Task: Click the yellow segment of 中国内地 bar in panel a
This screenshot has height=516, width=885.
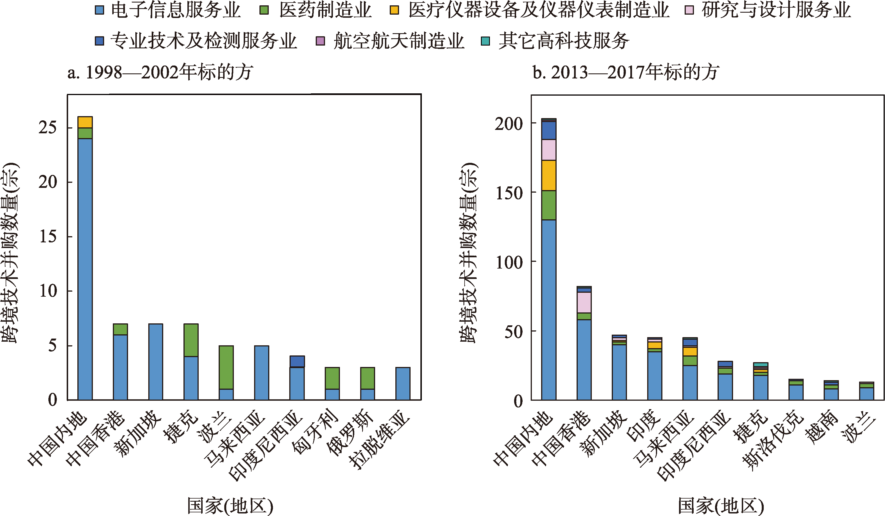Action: [85, 122]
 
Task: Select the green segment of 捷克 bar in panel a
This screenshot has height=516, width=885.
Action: [191, 340]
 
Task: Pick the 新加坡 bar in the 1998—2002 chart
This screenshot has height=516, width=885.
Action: [156, 362]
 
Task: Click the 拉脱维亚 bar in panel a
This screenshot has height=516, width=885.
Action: [403, 383]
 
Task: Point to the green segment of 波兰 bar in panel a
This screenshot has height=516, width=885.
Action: [226, 367]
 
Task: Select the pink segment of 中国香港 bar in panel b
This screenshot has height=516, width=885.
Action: [584, 302]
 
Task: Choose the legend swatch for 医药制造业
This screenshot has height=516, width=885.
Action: [264, 10]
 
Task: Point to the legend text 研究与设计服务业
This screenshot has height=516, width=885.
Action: [776, 10]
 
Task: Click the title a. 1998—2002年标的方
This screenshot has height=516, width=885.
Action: [160, 73]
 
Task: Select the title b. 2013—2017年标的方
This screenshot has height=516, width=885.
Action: [626, 73]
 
